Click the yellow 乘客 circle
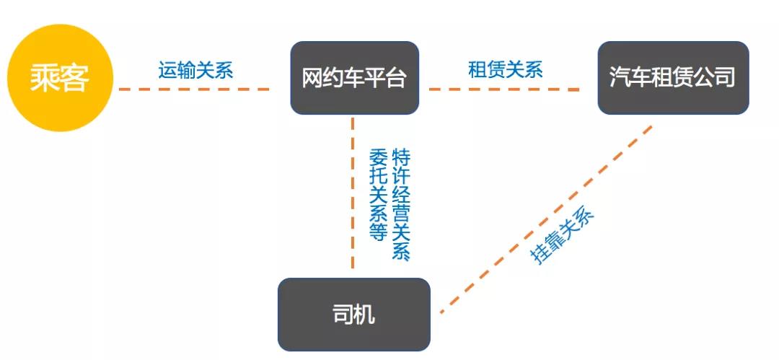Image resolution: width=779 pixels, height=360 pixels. click(61, 78)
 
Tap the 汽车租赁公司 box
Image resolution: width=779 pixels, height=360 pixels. click(673, 77)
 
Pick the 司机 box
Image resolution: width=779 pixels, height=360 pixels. click(353, 315)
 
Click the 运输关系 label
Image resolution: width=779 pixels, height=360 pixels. click(195, 70)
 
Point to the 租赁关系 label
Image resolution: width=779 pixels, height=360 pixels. click(505, 69)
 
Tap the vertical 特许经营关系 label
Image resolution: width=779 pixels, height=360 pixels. click(400, 204)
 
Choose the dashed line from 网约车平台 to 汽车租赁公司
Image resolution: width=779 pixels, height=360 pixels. click(505, 89)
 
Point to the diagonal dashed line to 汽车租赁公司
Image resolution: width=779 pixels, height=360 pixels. click(548, 217)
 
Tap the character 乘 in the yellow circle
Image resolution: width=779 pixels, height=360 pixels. click(45, 78)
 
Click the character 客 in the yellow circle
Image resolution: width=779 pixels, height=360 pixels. click(75, 78)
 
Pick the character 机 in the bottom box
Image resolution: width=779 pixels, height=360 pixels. click(366, 315)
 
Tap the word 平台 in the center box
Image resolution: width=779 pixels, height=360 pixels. click(390, 78)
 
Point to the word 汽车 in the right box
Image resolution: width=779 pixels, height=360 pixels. click(628, 77)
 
